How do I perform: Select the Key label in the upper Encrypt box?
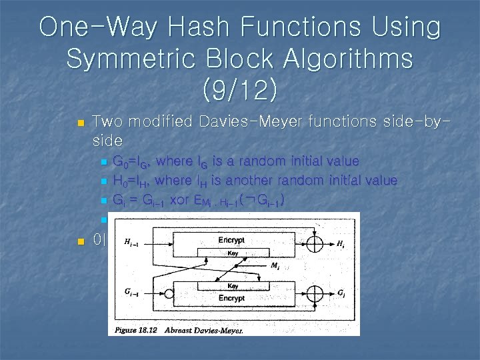tap(233, 253)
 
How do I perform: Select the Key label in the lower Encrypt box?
tap(233, 285)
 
